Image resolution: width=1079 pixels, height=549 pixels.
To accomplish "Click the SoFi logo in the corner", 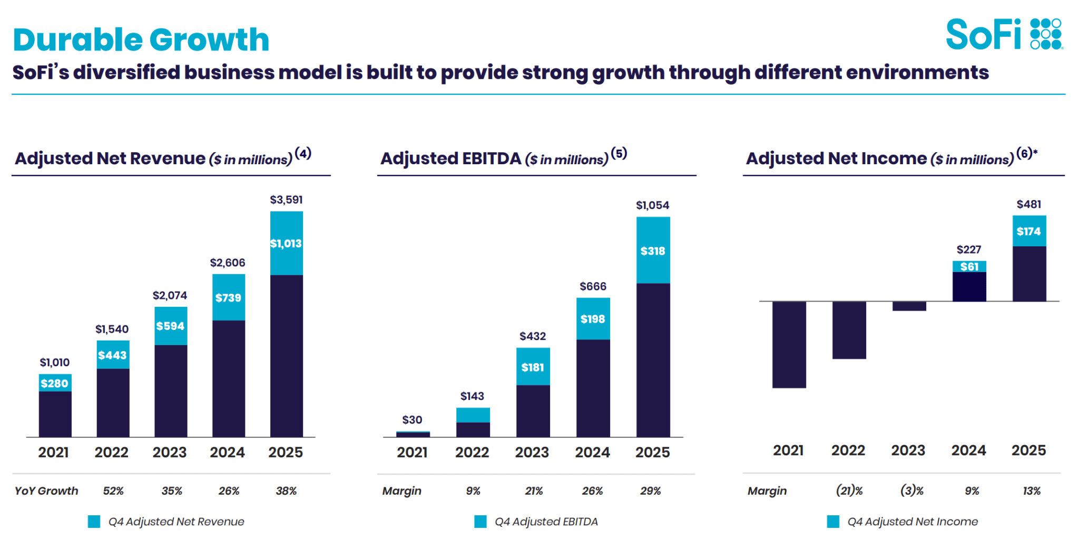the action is [1004, 34].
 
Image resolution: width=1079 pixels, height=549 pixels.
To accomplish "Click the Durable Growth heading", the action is [141, 39].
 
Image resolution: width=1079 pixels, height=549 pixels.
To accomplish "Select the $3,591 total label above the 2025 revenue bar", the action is [286, 199].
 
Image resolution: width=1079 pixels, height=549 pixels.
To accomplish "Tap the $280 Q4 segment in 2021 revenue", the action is [55, 383].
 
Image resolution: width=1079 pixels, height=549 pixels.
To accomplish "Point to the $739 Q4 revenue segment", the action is [229, 297].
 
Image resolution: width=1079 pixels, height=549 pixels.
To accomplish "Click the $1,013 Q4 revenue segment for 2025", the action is [287, 243].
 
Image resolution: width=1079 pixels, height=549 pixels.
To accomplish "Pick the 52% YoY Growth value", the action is [113, 491].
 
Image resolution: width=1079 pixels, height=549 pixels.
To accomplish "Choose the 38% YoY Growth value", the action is [286, 491].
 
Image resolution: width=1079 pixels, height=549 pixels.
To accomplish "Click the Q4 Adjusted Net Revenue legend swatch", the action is [94, 522].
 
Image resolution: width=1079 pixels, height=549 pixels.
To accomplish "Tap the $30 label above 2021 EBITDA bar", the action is [412, 420].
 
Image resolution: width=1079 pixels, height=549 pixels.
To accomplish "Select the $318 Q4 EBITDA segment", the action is [653, 251].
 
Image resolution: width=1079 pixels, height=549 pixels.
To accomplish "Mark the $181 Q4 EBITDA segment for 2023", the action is [533, 367].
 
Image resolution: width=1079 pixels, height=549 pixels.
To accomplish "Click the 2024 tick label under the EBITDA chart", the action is [592, 452].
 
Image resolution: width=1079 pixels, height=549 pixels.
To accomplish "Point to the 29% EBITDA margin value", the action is [650, 491].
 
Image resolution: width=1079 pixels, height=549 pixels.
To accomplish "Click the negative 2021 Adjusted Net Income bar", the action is [789, 345].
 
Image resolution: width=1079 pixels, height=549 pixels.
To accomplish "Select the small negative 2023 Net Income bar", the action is [909, 306].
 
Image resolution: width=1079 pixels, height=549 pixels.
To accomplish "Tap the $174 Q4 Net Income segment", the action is [1029, 231].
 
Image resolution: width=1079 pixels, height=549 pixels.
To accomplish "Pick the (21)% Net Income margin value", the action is [849, 491].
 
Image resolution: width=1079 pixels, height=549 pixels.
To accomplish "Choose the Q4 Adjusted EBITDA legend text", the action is [546, 522].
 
